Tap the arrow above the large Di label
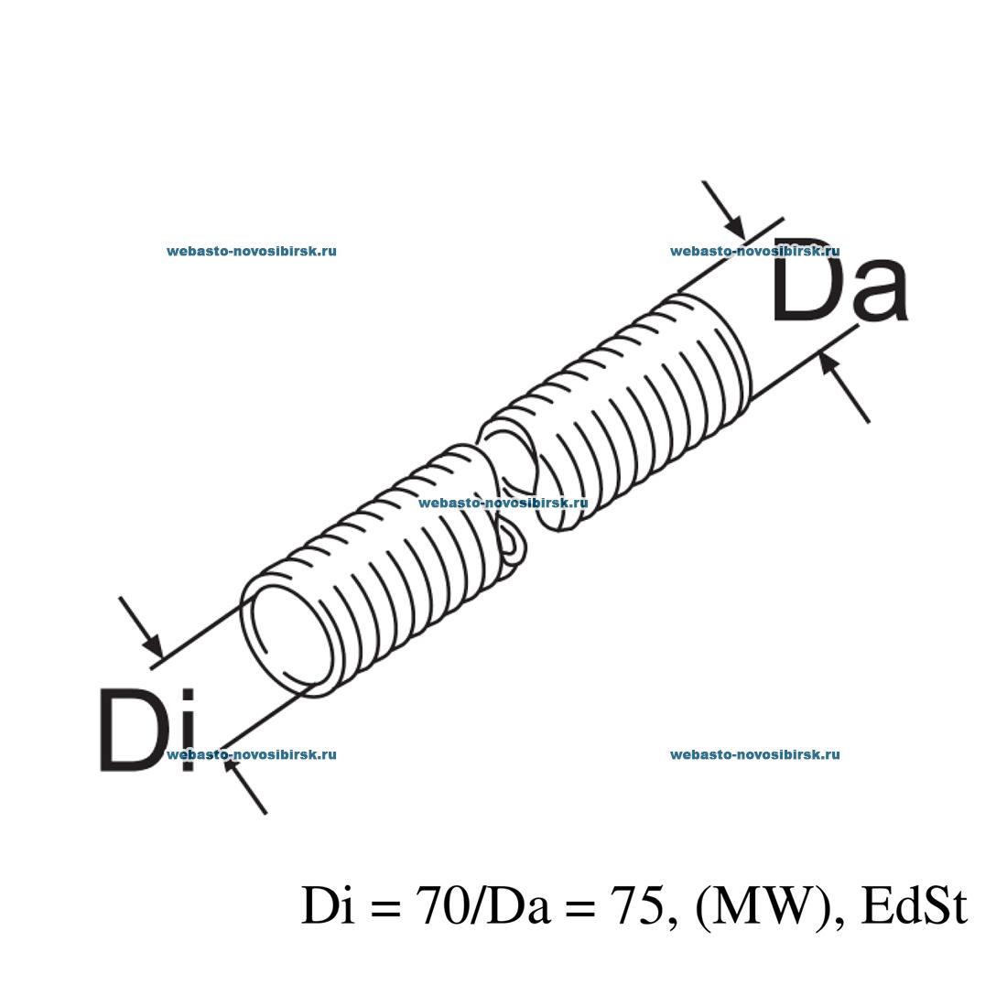point(141,628)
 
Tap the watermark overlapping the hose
point(502,503)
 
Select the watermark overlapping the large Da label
point(754,251)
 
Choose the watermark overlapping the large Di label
point(252,754)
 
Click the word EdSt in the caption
point(915,905)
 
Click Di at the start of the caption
point(325,905)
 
